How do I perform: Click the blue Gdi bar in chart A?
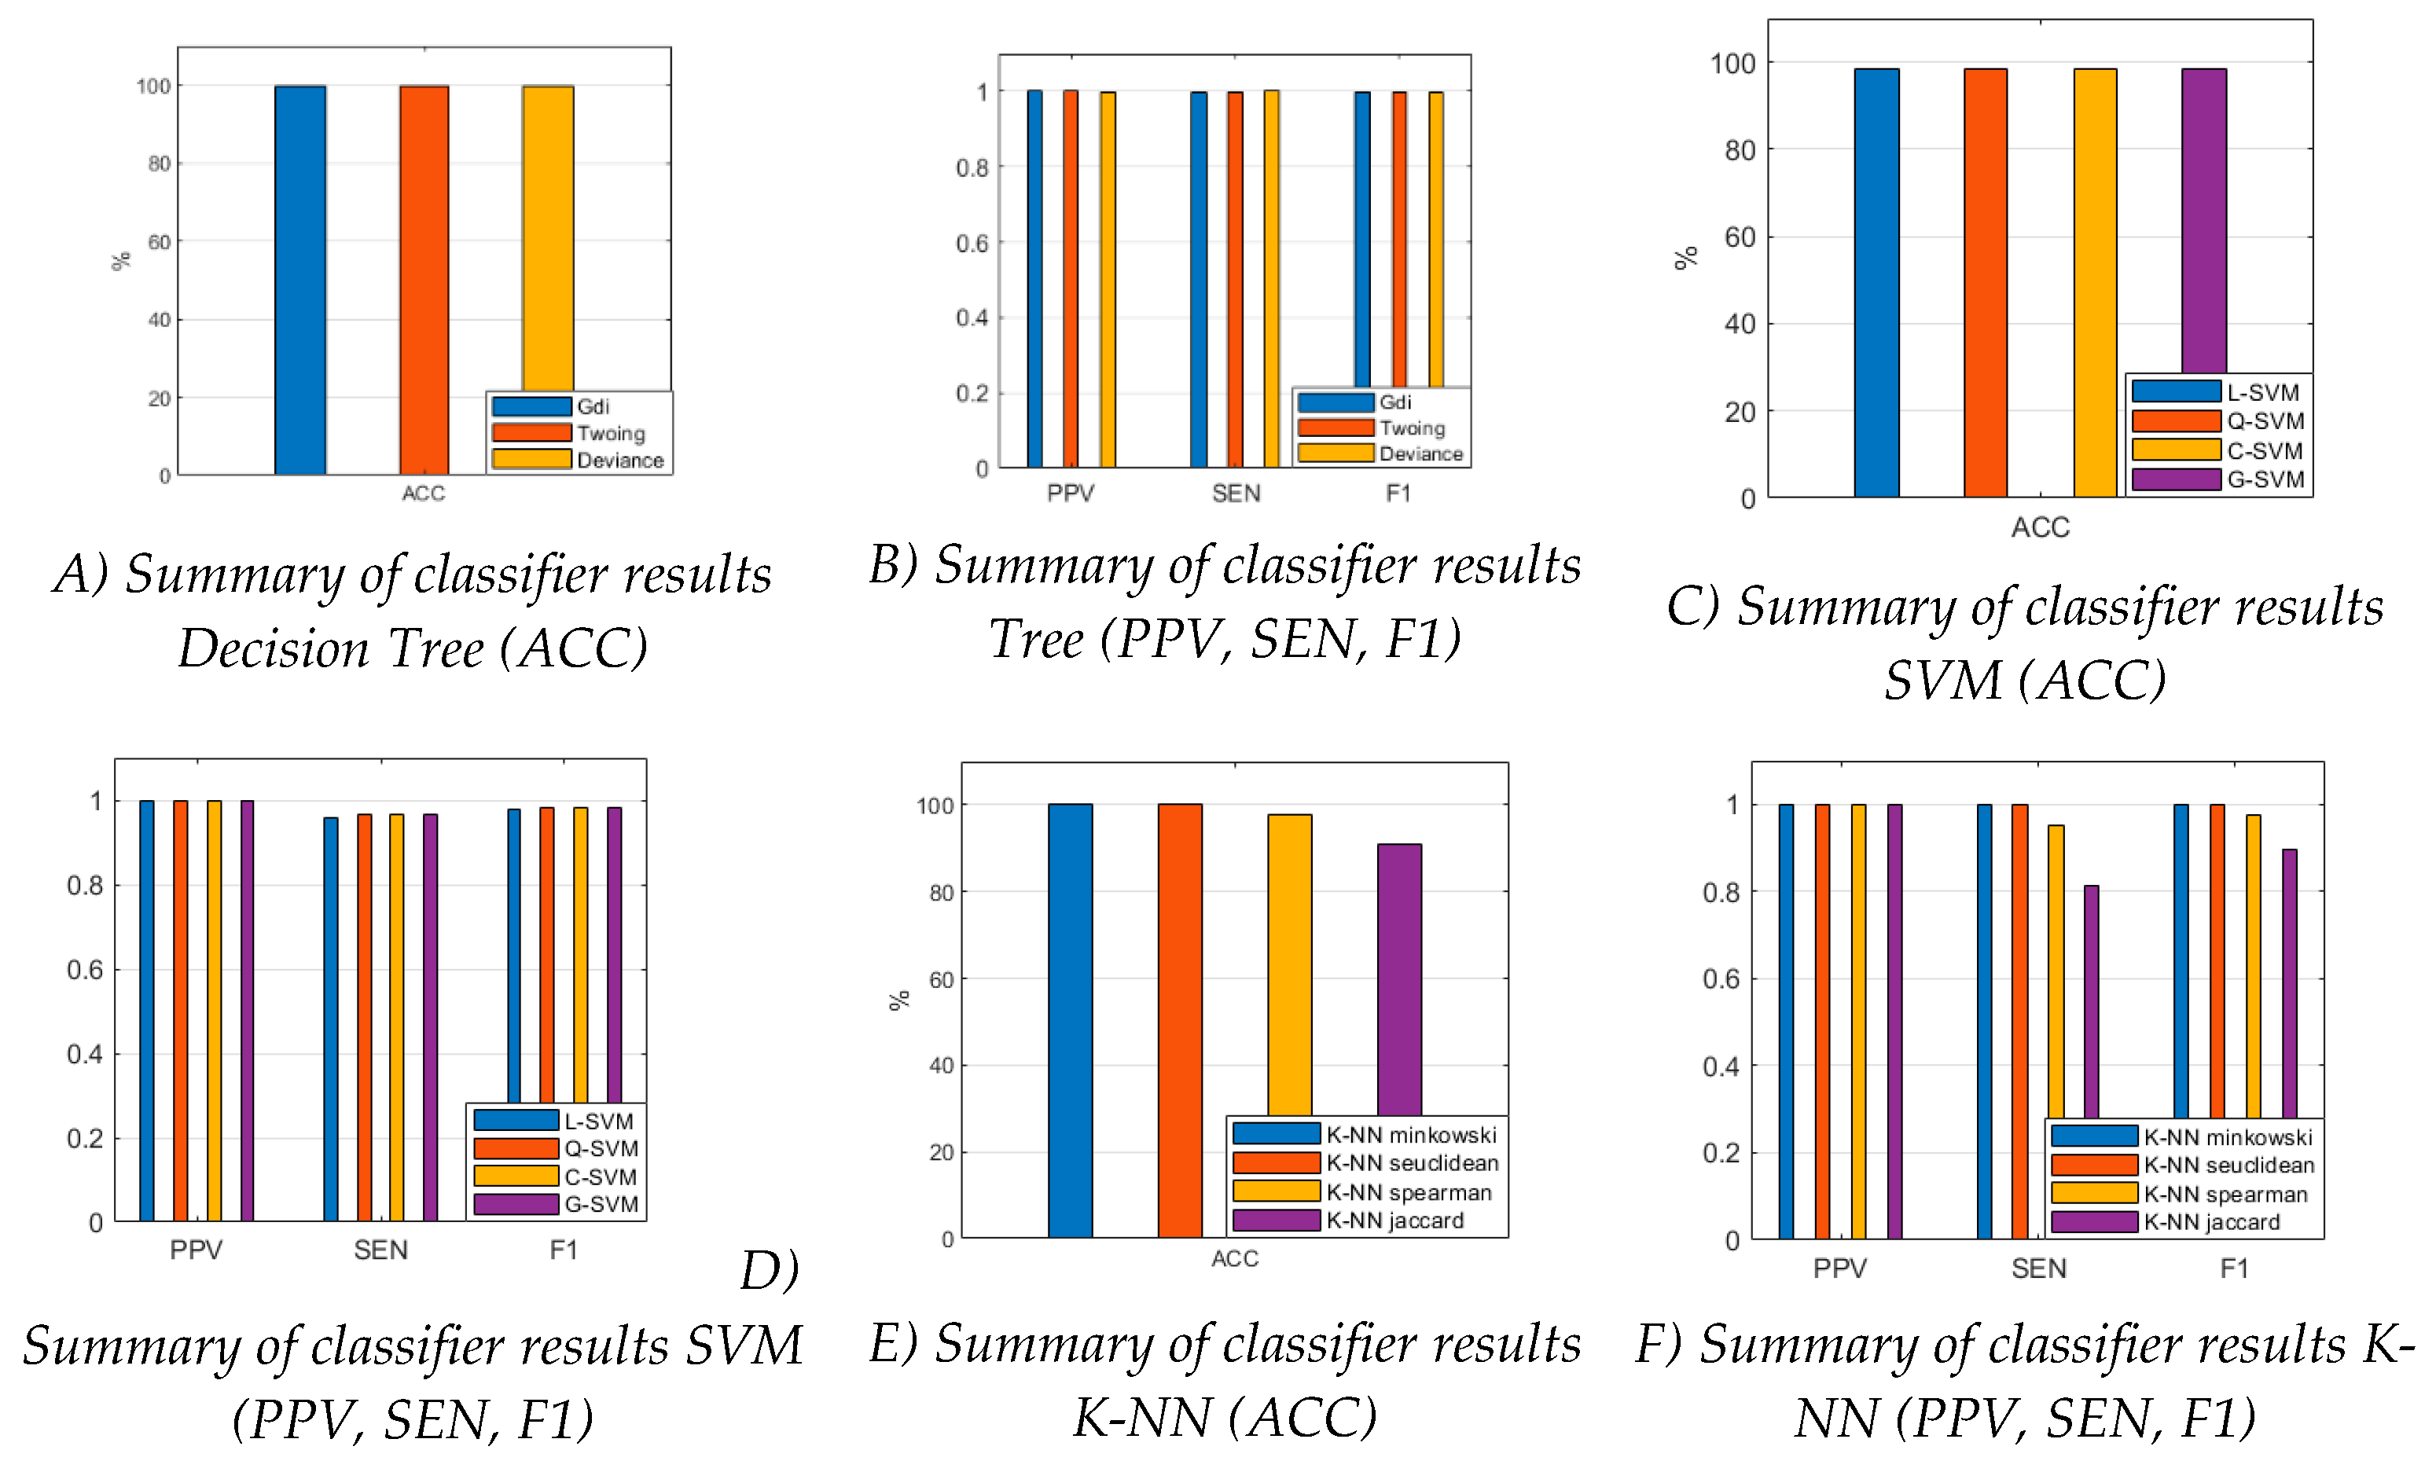pyautogui.click(x=299, y=281)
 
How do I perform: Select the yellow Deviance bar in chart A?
pyautogui.click(x=547, y=237)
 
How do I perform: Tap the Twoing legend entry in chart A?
pyautogui.click(x=611, y=433)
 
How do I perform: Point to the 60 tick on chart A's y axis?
pyautogui.click(x=159, y=242)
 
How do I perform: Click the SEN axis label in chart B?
pyautogui.click(x=1236, y=494)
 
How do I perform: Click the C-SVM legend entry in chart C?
pyautogui.click(x=2265, y=451)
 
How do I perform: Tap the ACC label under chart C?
pyautogui.click(x=2039, y=527)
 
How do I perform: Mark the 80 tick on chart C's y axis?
pyautogui.click(x=1739, y=151)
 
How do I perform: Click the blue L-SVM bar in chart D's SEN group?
pyautogui.click(x=331, y=1019)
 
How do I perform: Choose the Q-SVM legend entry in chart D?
pyautogui.click(x=601, y=1149)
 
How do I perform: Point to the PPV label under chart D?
pyautogui.click(x=196, y=1250)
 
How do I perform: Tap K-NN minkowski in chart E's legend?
pyautogui.click(x=1410, y=1135)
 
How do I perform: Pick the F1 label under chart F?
pyautogui.click(x=2233, y=1268)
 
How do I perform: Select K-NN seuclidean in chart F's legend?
pyautogui.click(x=2228, y=1165)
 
